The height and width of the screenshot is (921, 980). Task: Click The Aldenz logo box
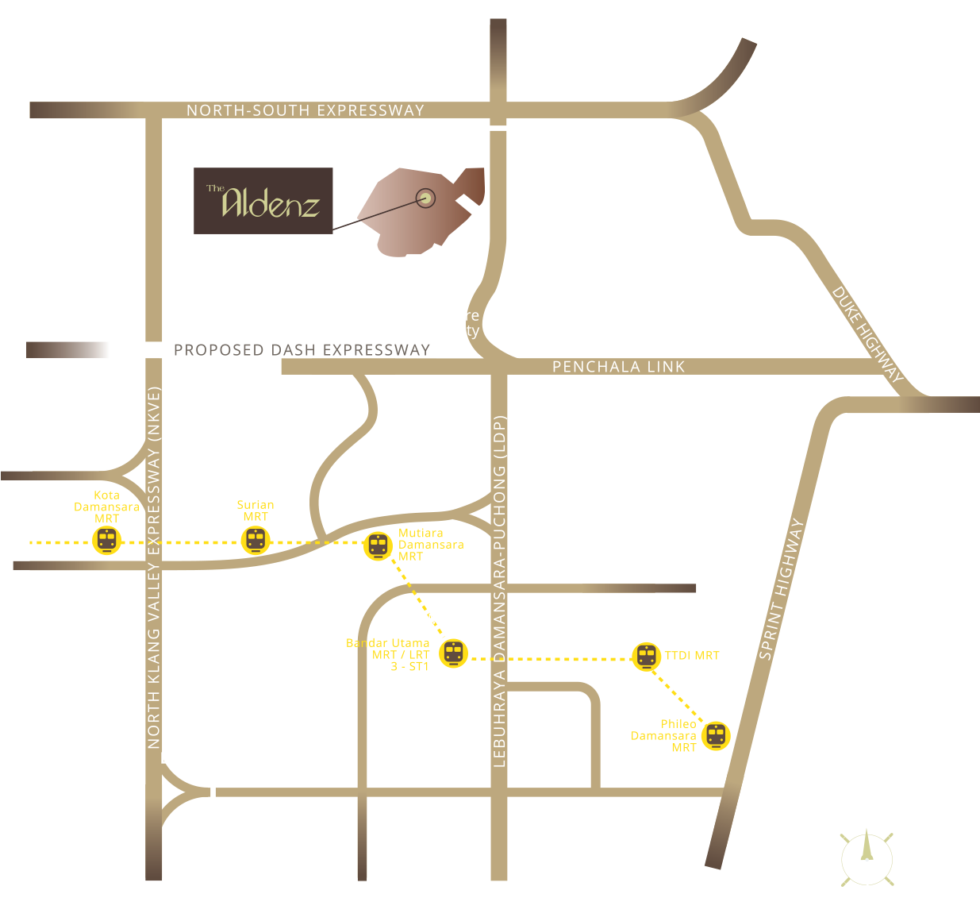[x=263, y=201]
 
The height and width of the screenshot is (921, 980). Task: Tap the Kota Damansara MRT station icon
[x=106, y=541]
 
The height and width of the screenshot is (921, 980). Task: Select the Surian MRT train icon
[x=255, y=541]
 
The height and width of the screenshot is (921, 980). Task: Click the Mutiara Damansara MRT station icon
[x=378, y=546]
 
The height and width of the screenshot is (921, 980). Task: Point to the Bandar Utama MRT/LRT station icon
[x=453, y=653]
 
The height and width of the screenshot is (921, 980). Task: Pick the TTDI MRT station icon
[x=647, y=657]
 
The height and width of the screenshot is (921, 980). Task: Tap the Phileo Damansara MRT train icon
[x=716, y=735]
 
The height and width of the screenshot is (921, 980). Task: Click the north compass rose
[x=867, y=857]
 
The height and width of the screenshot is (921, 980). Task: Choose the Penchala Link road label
[x=618, y=367]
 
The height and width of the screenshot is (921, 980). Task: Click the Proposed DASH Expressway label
[x=302, y=350]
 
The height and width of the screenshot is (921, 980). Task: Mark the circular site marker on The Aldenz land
[x=426, y=198]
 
